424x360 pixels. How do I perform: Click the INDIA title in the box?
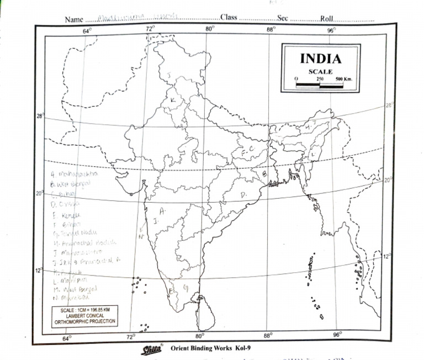(x=320, y=59)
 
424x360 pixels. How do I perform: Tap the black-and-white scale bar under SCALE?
(x=320, y=85)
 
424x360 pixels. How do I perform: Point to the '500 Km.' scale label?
(x=343, y=79)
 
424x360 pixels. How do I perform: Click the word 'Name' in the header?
(x=74, y=19)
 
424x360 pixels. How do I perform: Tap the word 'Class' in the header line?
(x=229, y=18)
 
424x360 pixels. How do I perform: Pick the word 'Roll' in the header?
(x=327, y=18)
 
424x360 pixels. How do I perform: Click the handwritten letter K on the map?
(x=173, y=99)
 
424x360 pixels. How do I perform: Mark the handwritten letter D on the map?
(x=243, y=194)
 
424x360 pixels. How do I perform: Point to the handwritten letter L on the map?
(x=312, y=155)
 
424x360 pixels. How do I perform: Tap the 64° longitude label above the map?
(x=87, y=31)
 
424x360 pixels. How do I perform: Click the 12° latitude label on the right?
(x=388, y=256)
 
